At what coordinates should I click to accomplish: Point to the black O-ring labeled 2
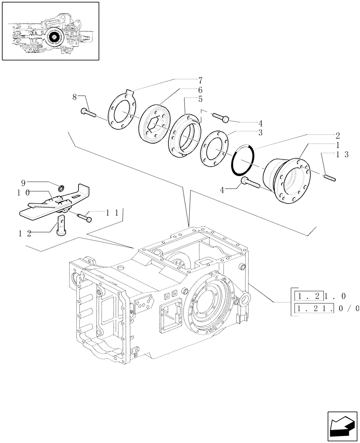(x=243, y=160)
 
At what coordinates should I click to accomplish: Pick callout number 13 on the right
(x=342, y=154)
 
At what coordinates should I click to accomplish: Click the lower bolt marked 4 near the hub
(x=251, y=183)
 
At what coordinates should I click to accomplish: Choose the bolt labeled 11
(x=84, y=217)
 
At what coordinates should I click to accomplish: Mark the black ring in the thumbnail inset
(x=55, y=36)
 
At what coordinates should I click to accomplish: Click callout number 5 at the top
(x=200, y=100)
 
